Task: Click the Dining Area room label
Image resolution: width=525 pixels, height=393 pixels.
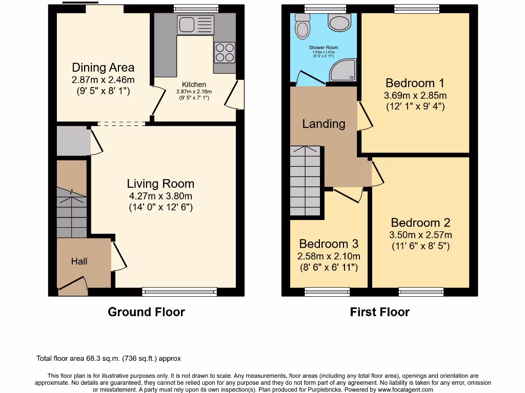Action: [103, 67]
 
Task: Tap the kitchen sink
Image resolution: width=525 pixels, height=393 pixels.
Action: [195, 25]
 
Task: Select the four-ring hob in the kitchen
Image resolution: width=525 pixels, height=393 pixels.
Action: [225, 52]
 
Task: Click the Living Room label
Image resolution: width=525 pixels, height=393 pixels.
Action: [160, 184]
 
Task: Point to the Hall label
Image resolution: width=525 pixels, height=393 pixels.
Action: [79, 261]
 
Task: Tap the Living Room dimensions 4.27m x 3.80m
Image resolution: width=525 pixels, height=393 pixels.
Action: [160, 196]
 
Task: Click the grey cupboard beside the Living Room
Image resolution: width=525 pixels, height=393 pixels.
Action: [73, 141]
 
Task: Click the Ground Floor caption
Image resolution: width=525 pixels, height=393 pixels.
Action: [146, 312]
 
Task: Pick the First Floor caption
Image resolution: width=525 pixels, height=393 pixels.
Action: [379, 312]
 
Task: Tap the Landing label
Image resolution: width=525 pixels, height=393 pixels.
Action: [324, 124]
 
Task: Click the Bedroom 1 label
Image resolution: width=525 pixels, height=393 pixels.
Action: [415, 83]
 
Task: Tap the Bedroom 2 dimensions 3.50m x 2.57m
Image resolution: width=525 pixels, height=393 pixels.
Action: [421, 235]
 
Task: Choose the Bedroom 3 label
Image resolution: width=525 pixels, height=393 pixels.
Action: [329, 244]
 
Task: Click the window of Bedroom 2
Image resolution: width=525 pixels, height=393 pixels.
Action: [421, 292]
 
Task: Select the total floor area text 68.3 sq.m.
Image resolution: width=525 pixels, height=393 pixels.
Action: [108, 359]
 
